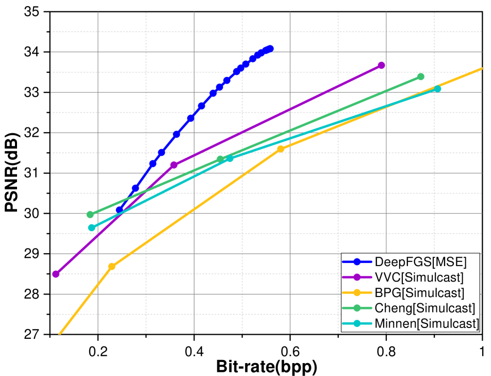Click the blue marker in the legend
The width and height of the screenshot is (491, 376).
click(x=356, y=262)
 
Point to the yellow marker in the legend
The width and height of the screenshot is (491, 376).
click(x=356, y=293)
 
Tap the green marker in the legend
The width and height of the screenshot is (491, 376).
click(x=356, y=308)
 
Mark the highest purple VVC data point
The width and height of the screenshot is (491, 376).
click(x=381, y=66)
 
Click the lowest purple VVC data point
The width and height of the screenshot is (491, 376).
click(x=56, y=274)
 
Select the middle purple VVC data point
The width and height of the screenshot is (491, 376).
click(x=174, y=165)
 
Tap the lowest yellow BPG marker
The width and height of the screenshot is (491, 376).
click(x=111, y=266)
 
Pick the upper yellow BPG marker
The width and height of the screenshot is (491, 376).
click(x=281, y=149)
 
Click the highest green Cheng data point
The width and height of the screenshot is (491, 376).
click(x=420, y=77)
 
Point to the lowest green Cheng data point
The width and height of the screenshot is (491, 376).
click(x=90, y=214)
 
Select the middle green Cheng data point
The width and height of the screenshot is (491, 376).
click(x=220, y=159)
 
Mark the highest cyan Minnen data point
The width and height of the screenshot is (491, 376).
click(x=437, y=89)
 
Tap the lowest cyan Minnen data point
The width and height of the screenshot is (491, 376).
click(x=92, y=227)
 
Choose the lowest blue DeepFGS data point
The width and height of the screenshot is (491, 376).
click(x=119, y=209)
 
